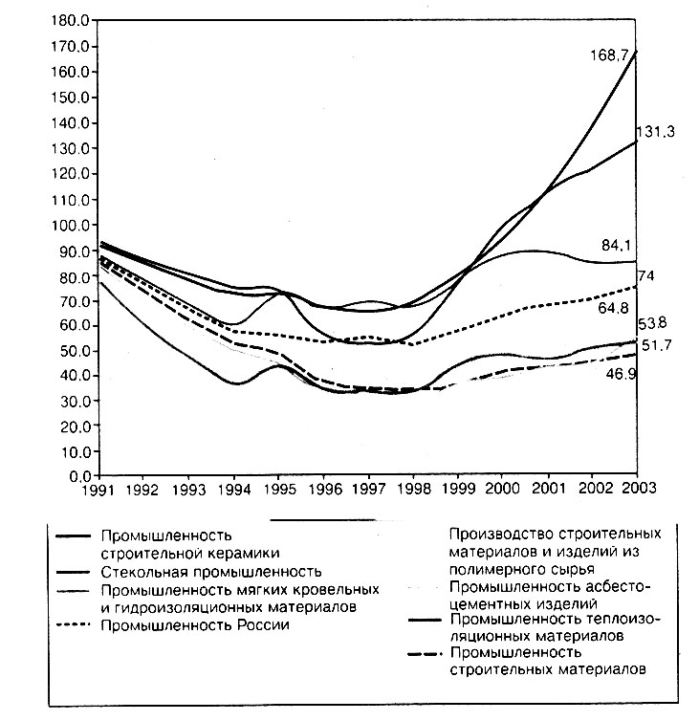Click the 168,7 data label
point(609,55)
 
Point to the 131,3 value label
point(655,132)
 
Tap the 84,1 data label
point(616,246)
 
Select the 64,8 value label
point(614,308)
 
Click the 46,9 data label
point(622,374)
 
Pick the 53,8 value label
point(652,324)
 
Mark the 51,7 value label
point(657,345)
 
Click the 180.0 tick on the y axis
point(71,21)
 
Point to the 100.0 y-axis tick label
point(71,226)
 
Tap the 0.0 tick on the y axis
point(81,476)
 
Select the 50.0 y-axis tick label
point(75,351)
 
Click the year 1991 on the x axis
point(98,490)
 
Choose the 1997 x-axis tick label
point(368,489)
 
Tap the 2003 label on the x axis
point(639,488)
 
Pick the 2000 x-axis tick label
point(503,488)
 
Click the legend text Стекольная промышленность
point(211,572)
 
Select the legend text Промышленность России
point(195,624)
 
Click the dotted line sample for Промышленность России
point(73,624)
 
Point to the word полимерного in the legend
point(492,569)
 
